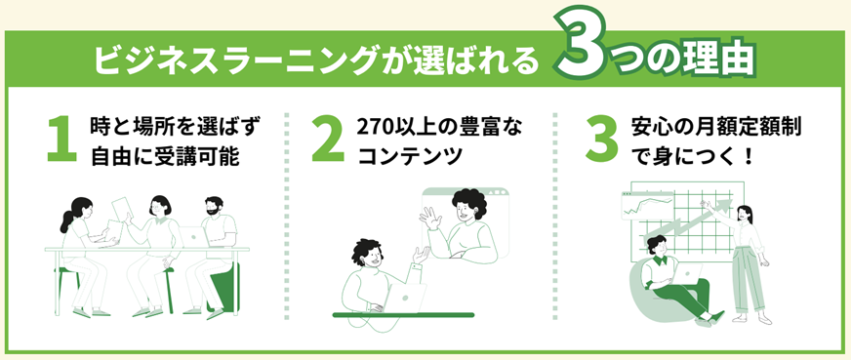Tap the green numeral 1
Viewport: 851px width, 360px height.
(61, 139)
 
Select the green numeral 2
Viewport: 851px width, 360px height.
(328, 139)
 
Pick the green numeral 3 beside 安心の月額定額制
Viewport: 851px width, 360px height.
(601, 140)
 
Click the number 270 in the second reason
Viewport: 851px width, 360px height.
(375, 127)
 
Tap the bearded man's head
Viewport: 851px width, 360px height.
(215, 207)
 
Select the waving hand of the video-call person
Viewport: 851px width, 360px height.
(428, 219)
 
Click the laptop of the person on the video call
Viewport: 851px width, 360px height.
(404, 298)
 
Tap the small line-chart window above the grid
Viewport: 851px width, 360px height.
(647, 205)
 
